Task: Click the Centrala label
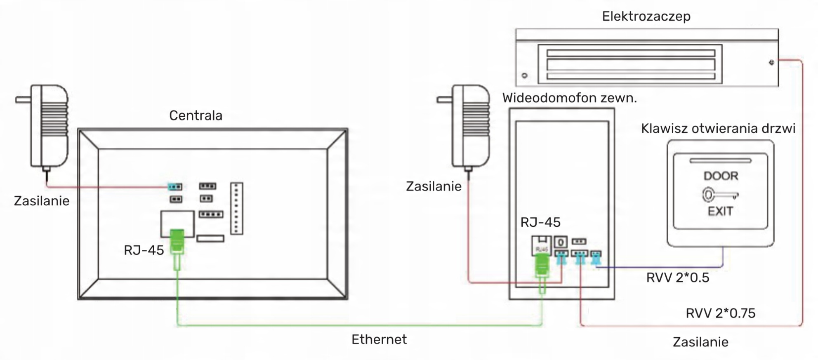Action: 196,115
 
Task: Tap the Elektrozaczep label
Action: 646,16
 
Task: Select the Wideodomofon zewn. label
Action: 569,98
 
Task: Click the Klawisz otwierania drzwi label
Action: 718,129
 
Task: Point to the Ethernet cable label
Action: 379,339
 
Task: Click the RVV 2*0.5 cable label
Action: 677,278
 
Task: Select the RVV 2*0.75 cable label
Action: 720,313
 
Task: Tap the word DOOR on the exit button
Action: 720,176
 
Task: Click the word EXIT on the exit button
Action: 720,212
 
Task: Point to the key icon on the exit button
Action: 719,195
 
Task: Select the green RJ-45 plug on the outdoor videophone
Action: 542,266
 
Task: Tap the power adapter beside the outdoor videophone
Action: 470,126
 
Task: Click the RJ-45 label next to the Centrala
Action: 144,250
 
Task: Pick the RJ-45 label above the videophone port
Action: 540,223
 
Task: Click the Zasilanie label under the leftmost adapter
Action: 42,201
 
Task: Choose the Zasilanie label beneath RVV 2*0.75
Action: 700,342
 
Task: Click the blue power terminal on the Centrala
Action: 175,187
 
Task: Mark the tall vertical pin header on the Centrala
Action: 236,208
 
